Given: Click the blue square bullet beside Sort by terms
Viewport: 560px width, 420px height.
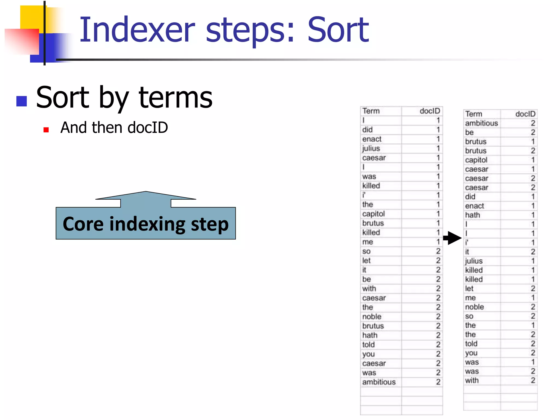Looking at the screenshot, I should click(x=22, y=101).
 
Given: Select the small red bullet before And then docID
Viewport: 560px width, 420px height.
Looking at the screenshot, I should click(x=46, y=130).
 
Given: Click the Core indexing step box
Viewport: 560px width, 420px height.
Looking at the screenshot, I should click(x=145, y=224).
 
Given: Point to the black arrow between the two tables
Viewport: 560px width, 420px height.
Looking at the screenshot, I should click(x=453, y=238).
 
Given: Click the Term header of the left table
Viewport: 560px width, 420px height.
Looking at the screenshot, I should click(x=371, y=111).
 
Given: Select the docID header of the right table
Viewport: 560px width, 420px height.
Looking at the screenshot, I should click(x=525, y=114).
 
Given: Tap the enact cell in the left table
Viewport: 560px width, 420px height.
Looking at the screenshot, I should click(x=372, y=139).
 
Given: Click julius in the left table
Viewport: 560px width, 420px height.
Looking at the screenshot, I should click(x=371, y=148).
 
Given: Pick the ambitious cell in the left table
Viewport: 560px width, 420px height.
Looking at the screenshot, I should click(x=379, y=382).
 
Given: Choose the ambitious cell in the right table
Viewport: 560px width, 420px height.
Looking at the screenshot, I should click(x=481, y=123).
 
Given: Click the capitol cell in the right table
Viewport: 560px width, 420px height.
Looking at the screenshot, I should click(x=476, y=160).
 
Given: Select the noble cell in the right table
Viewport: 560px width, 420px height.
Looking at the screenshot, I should click(x=474, y=307).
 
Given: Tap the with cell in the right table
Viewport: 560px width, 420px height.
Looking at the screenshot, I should click(x=472, y=380).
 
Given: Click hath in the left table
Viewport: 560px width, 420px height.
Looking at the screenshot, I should click(x=370, y=335).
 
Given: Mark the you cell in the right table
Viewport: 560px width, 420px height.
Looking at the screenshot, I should click(x=471, y=353).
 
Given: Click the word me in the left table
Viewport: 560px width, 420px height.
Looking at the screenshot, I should click(x=367, y=242).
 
